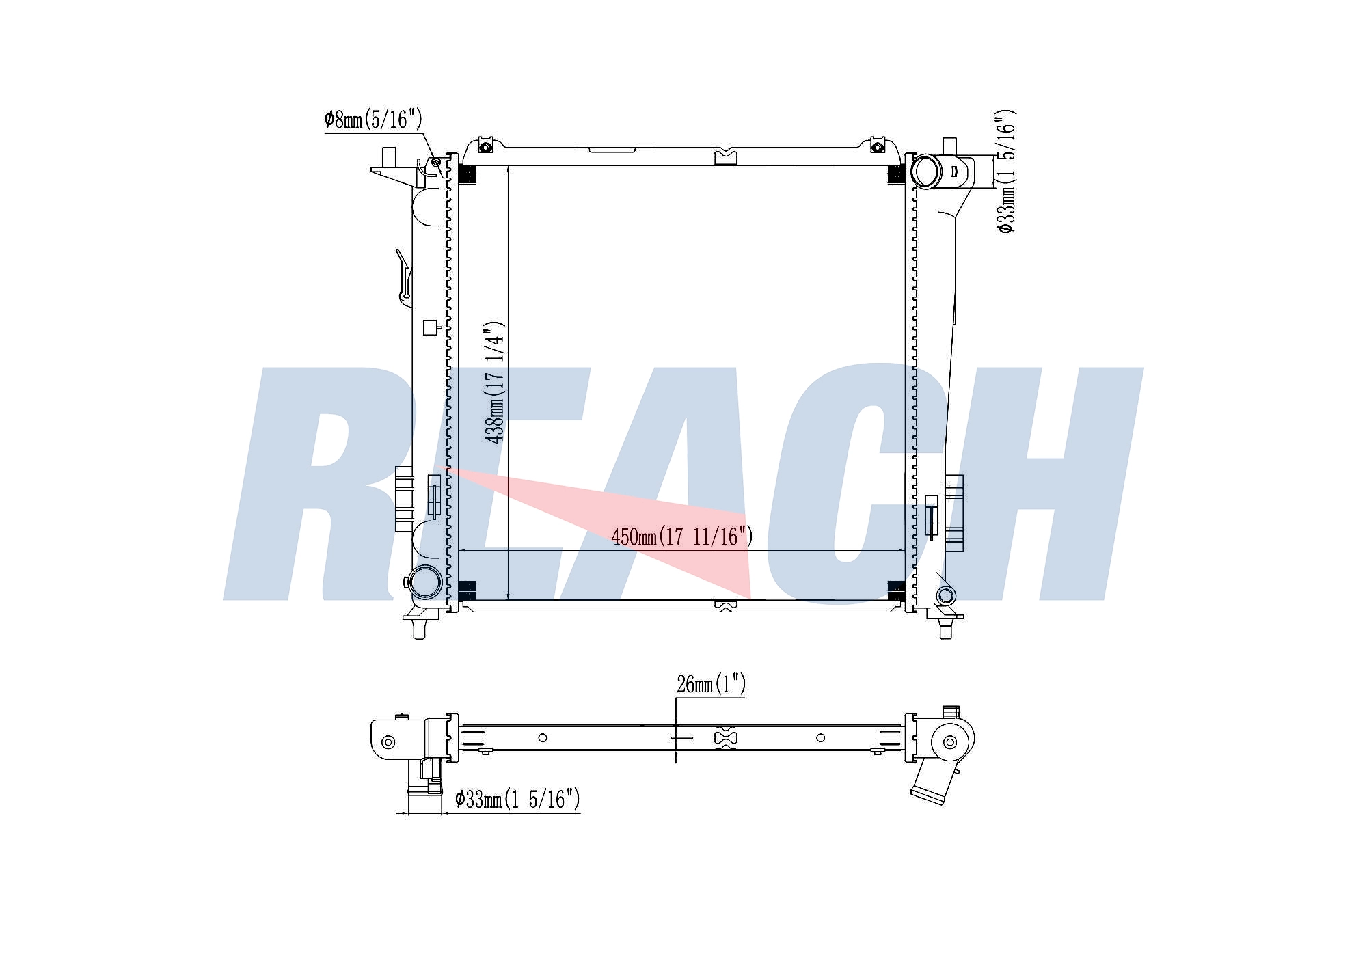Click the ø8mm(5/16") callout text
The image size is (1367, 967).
373,120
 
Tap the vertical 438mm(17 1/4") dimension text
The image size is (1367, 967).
494,382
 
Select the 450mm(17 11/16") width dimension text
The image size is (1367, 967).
682,536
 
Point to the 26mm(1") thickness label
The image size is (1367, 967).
711,683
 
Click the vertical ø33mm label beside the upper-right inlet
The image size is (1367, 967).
1006,171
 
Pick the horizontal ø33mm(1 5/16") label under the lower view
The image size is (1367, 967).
517,798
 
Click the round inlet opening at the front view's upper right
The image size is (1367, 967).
926,171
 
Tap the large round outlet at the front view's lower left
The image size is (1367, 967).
424,582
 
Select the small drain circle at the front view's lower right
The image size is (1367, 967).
945,595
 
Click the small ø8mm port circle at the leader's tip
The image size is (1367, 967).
436,163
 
